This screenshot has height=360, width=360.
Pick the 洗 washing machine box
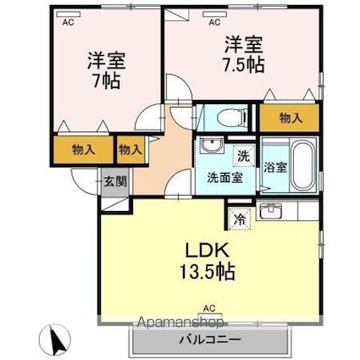click(243, 155)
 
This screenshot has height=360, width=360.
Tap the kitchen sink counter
click(273, 211)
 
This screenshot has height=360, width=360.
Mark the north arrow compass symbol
click(57, 341)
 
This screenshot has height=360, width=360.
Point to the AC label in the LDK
click(208, 309)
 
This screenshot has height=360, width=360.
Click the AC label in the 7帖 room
click(67, 23)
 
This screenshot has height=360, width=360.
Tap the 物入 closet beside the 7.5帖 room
click(288, 118)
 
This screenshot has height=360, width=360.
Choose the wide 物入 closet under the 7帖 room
click(84, 150)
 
